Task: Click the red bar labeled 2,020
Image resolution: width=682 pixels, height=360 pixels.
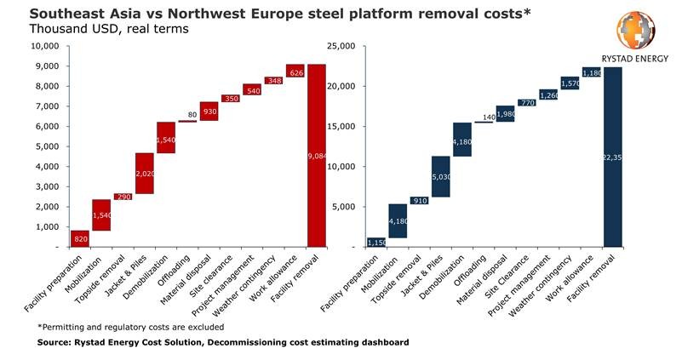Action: pos(145,174)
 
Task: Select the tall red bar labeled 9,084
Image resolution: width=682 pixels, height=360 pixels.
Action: pos(317,155)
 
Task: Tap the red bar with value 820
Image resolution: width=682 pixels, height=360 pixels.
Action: pos(80,239)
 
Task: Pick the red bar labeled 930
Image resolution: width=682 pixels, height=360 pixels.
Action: pos(209,111)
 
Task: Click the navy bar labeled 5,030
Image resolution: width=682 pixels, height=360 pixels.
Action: pos(440,177)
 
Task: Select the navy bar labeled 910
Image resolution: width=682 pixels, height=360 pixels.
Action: pos(418,201)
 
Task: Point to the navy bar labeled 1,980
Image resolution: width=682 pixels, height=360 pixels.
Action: pos(505,114)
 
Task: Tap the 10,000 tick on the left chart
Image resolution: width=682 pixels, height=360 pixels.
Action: pos(44,46)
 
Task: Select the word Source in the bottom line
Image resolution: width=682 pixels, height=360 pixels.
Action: pos(56,342)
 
